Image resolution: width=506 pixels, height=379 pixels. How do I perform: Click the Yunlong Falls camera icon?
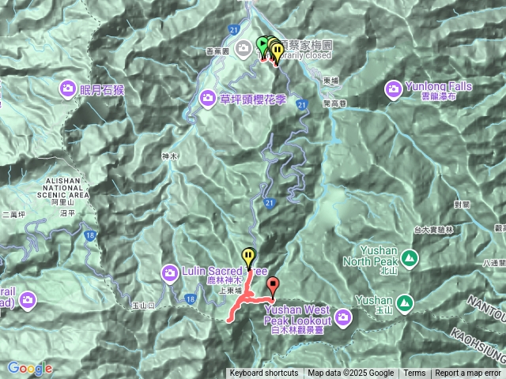[393, 88]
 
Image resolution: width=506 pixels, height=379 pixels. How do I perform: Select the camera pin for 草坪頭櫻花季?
[207, 98]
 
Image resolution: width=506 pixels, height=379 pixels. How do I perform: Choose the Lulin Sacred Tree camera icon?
[170, 274]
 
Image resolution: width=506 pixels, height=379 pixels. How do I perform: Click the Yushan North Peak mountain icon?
[410, 257]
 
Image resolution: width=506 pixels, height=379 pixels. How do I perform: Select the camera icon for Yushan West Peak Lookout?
[342, 318]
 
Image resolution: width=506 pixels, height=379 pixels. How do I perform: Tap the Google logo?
[30, 368]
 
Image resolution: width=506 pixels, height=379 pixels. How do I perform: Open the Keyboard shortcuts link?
[264, 373]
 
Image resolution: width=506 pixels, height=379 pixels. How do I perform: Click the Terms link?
[414, 373]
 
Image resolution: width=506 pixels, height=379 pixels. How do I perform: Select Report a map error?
[468, 373]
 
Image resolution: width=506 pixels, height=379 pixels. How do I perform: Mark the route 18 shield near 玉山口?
[190, 298]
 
